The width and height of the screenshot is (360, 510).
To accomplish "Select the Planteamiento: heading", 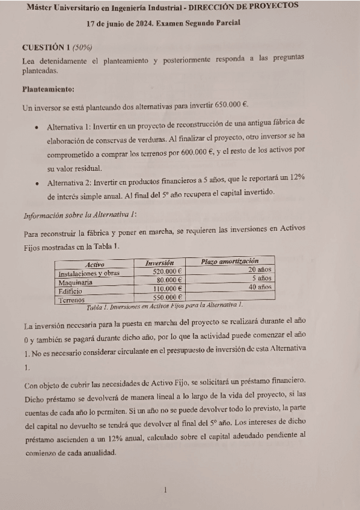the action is click(48, 90).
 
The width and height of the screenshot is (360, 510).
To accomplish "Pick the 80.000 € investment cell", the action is click(168, 280).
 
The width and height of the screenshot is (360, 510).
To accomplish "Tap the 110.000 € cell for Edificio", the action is click(167, 289).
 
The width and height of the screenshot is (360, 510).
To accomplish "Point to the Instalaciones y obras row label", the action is click(88, 272).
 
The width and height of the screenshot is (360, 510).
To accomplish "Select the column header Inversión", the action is click(160, 263).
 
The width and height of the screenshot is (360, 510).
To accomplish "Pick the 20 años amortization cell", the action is click(261, 270).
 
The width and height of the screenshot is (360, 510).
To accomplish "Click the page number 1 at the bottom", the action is click(165, 490).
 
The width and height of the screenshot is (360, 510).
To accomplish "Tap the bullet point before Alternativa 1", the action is click(37, 127).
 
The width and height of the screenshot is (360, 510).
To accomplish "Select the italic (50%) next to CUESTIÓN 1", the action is click(82, 47).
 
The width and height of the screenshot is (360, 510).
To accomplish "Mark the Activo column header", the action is click(95, 264).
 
